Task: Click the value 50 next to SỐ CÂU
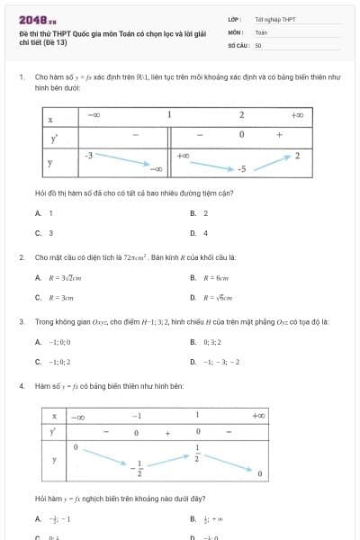coord(258,44)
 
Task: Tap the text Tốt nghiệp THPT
coord(274,19)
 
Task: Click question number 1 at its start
coord(21,79)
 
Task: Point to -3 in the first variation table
coord(88,156)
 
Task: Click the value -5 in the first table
coord(241,168)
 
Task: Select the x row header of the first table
coord(50,118)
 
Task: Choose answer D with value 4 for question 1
coord(199,232)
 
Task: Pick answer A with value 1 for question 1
coord(44,213)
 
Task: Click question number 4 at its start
coord(21,385)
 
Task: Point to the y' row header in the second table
coord(54,432)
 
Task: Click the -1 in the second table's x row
coord(137,416)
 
